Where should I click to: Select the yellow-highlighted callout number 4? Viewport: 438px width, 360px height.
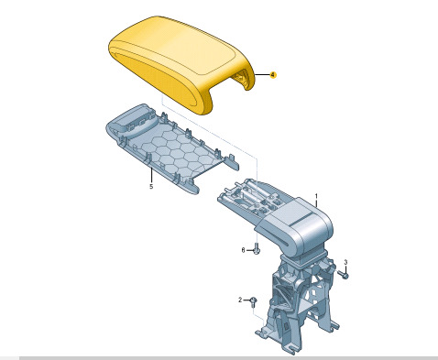coord(273,75)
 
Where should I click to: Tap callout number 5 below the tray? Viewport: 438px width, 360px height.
coord(151,186)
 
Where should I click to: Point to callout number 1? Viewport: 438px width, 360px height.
coord(316,196)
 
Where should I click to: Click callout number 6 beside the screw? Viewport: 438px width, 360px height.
coord(243,250)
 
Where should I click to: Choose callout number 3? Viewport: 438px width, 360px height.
coord(345,262)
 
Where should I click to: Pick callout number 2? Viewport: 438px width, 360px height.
coord(240,300)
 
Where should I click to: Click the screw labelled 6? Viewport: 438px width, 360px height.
coord(257,249)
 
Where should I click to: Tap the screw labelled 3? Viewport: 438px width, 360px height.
coord(345,275)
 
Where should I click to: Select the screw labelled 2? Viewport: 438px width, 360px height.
coord(253,302)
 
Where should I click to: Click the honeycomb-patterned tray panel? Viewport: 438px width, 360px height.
coord(172,149)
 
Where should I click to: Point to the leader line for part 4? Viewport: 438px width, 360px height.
coord(262,75)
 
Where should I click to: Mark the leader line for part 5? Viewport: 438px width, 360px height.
coord(151,175)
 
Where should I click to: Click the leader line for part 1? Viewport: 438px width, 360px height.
coord(316,203)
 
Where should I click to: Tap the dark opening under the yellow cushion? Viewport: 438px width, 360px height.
coord(240,80)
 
